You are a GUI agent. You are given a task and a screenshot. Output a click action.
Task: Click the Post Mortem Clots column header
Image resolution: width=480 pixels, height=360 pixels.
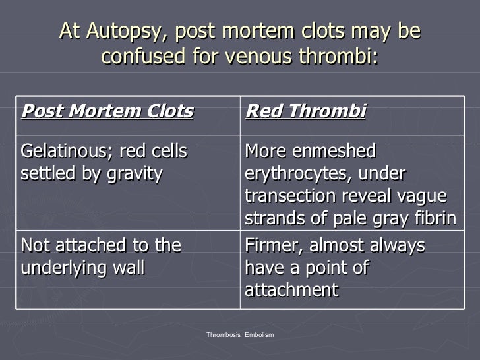pyautogui.click(x=107, y=111)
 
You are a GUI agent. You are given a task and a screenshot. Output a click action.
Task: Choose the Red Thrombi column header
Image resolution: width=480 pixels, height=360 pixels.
pyautogui.click(x=305, y=111)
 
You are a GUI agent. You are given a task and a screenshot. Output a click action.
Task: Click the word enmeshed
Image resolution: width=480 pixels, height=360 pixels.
pyautogui.click(x=335, y=152)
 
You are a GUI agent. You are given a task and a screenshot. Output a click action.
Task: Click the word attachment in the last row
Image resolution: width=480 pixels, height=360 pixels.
pyautogui.click(x=291, y=289)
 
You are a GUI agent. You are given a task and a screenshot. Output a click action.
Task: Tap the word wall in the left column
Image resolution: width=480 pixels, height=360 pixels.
pyautogui.click(x=129, y=268)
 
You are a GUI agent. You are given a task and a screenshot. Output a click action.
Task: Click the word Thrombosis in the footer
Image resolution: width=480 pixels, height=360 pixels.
pyautogui.click(x=224, y=335)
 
